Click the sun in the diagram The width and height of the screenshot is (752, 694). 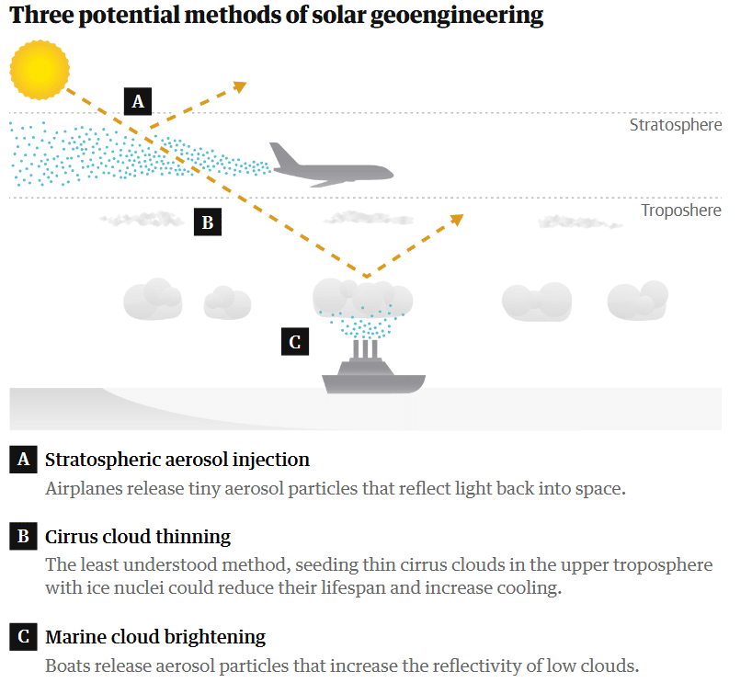(x=40, y=70)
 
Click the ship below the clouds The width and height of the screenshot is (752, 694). (x=373, y=368)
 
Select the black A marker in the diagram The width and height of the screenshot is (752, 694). (x=138, y=101)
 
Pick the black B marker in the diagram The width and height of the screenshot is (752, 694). (x=208, y=222)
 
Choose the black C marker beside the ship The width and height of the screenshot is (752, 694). (x=295, y=341)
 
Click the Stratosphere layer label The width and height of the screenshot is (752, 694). (x=676, y=125)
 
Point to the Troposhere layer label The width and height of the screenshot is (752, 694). (x=681, y=210)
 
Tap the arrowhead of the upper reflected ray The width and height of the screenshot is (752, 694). (x=240, y=86)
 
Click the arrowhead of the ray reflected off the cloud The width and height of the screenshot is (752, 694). (x=457, y=219)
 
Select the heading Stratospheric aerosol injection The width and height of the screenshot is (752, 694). (x=177, y=460)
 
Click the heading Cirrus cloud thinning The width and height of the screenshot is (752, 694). (x=138, y=536)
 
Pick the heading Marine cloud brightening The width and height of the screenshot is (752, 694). (x=155, y=637)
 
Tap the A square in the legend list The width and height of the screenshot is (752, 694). (x=23, y=460)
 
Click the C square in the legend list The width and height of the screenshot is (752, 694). (x=23, y=637)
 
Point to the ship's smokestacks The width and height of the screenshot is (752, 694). (x=365, y=349)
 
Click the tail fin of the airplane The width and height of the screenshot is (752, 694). (x=283, y=154)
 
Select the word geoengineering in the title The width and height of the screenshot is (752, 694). (x=457, y=16)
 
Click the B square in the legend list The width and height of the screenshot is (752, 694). (x=23, y=536)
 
